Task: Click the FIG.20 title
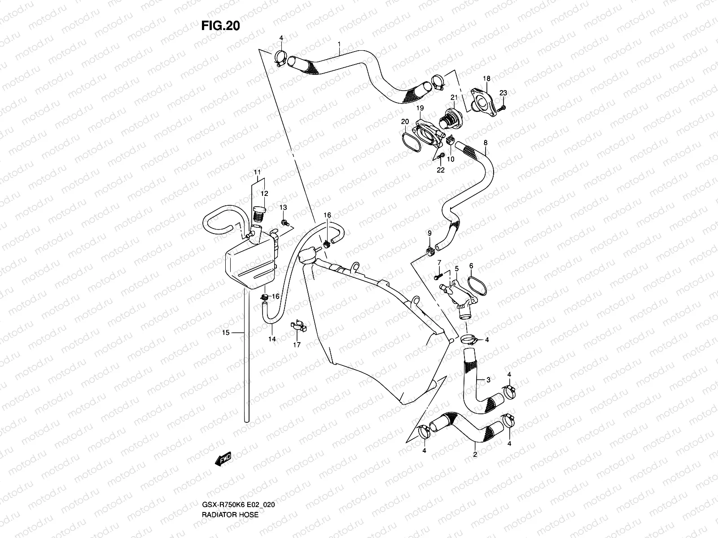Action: (220, 26)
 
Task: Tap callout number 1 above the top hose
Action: (339, 44)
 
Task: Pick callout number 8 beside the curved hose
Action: (485, 143)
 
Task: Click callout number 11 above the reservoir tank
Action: (257, 172)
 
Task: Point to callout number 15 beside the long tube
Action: (226, 332)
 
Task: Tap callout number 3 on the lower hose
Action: (488, 380)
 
